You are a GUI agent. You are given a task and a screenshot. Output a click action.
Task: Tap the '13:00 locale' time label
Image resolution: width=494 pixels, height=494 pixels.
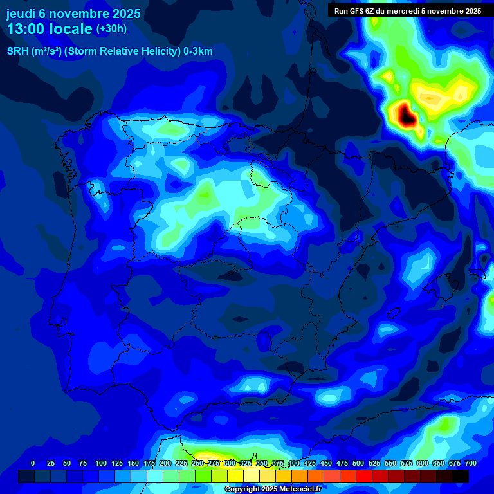50,30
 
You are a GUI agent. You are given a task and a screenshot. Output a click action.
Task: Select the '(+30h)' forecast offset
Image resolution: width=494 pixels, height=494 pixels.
111,29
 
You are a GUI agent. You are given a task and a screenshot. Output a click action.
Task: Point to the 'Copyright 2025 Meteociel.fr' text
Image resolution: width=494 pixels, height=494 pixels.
273,489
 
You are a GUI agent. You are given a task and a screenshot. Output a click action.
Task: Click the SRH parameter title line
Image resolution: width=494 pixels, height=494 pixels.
109,51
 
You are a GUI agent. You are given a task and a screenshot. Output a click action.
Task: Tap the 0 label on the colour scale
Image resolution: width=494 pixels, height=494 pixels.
33,463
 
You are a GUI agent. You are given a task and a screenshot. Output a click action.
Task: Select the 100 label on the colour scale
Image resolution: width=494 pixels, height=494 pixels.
100,463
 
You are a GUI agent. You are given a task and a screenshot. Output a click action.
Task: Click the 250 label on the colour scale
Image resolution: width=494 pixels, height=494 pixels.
197,463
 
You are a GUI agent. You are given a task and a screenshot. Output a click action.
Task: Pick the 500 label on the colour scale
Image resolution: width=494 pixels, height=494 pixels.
358,463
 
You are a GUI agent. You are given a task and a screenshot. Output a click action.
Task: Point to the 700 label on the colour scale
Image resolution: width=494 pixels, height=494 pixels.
470,463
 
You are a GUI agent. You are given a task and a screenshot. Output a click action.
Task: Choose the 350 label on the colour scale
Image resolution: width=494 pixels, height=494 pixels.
262,463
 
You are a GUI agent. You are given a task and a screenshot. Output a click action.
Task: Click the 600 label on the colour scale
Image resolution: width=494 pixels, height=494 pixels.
423,463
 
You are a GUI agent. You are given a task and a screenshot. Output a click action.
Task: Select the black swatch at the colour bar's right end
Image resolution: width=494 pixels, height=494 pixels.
461,476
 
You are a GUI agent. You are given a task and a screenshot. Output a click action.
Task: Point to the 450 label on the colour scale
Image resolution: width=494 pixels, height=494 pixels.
326,463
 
